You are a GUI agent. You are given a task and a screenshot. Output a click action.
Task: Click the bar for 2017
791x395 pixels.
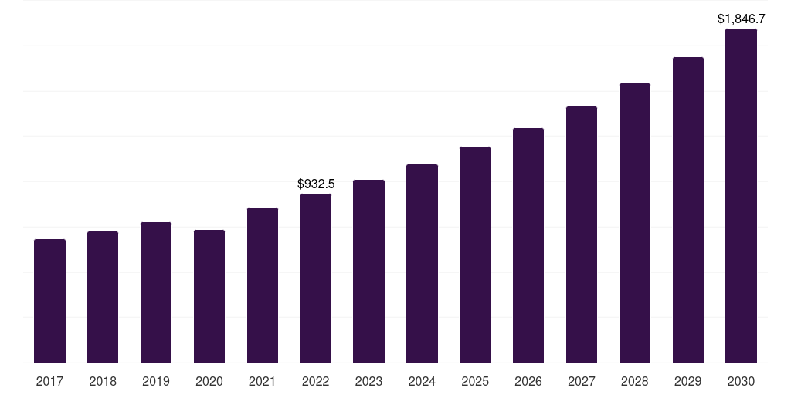click(49, 301)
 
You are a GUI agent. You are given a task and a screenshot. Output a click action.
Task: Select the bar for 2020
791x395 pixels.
click(209, 296)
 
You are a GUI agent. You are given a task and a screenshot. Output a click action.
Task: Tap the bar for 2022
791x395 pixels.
click(316, 278)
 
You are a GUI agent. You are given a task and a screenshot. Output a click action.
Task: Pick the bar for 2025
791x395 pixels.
click(475, 255)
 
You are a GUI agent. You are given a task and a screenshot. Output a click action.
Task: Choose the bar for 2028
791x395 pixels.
click(635, 223)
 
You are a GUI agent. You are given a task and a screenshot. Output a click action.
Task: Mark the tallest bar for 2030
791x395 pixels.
click(741, 196)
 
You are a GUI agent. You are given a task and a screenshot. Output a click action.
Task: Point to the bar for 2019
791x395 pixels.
click(156, 292)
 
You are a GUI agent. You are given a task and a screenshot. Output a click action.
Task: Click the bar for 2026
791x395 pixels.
click(528, 245)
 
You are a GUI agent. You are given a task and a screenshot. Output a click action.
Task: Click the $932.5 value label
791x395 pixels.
click(316, 184)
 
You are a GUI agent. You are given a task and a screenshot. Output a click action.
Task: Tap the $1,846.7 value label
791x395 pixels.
click(742, 19)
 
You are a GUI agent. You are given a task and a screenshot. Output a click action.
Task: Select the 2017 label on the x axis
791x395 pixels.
click(49, 381)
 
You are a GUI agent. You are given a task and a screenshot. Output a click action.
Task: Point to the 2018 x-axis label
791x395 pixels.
click(103, 381)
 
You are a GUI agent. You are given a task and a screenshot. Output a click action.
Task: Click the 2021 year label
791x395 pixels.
click(263, 381)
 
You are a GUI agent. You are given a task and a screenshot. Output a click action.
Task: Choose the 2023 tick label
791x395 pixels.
click(368, 381)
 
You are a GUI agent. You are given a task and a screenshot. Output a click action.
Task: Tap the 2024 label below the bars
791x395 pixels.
click(422, 381)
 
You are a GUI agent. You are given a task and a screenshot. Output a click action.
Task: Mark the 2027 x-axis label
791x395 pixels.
click(582, 381)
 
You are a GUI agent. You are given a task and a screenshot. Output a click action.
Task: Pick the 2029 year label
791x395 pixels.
click(688, 381)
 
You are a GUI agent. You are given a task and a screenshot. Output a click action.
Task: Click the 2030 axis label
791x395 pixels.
click(741, 381)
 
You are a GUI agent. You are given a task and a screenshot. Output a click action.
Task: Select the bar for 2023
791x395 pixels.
click(368, 271)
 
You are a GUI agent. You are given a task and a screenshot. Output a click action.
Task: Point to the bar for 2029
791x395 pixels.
click(688, 210)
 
